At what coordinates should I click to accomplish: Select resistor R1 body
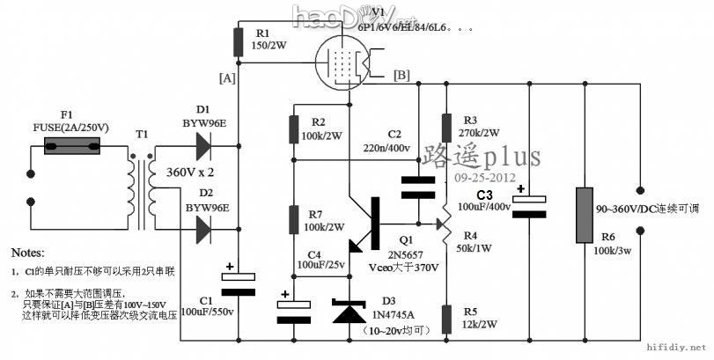238,42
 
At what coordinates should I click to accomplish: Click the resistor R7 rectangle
292,218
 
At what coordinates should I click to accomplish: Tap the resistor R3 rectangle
446,127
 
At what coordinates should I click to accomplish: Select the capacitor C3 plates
528,204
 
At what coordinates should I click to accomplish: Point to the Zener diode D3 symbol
350,312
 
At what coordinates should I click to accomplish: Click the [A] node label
227,77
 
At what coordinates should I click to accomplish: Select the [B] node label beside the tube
401,74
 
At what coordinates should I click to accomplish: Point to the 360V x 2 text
193,174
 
